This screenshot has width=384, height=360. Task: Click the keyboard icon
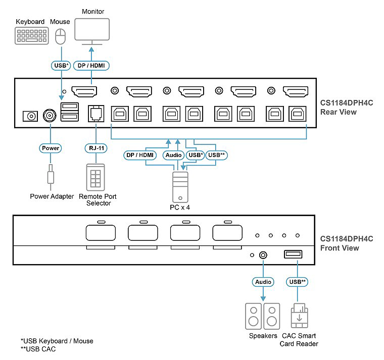32,36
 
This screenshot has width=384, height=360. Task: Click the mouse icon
61,36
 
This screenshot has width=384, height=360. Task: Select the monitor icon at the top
92,32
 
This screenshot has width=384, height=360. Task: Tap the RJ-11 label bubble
96,148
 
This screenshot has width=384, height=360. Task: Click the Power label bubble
50,148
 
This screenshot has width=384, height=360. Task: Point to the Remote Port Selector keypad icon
95,177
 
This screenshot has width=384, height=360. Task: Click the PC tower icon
180,187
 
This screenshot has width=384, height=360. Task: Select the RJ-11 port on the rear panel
96,114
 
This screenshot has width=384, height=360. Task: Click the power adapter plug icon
51,177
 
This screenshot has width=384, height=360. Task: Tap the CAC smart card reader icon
299,316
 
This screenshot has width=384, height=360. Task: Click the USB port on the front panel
293,254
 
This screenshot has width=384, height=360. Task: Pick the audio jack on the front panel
263,255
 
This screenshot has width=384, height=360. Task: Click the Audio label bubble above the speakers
263,282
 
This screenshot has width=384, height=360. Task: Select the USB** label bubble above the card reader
297,282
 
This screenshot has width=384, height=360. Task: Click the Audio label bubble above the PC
173,155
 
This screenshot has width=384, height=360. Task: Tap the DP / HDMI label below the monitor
91,66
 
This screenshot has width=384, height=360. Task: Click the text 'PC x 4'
180,208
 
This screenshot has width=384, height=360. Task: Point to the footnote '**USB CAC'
38,349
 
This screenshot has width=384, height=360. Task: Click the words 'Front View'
340,248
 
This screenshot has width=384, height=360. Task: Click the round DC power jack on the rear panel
50,115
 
